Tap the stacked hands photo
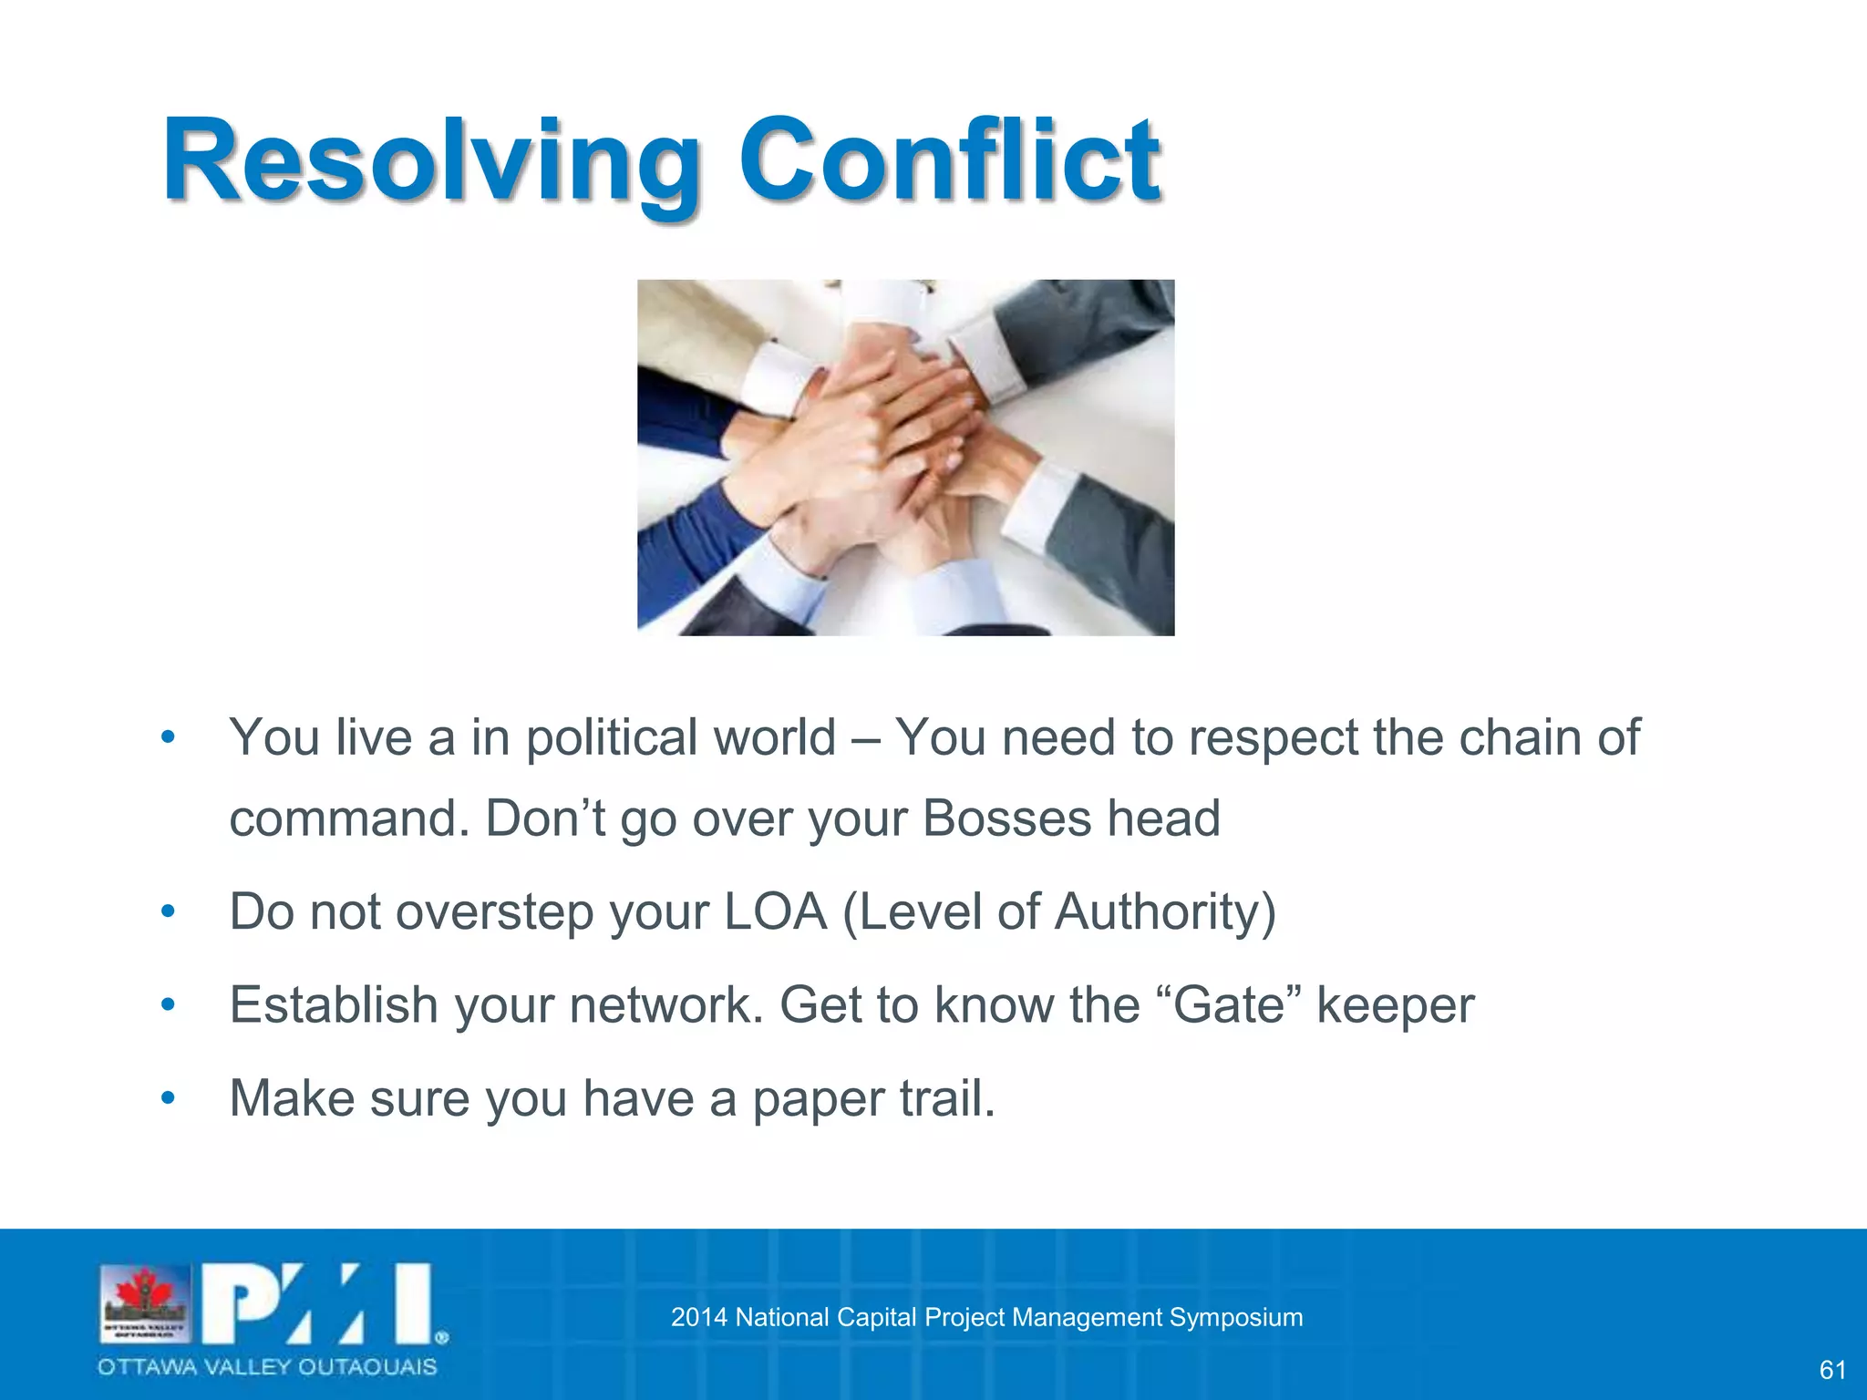point(905,458)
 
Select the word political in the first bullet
point(680,737)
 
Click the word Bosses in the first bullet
point(1006,818)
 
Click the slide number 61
point(1832,1370)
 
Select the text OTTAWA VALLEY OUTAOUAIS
point(268,1367)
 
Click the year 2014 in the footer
point(698,1317)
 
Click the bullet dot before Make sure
point(168,1097)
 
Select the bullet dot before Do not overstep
point(168,911)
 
